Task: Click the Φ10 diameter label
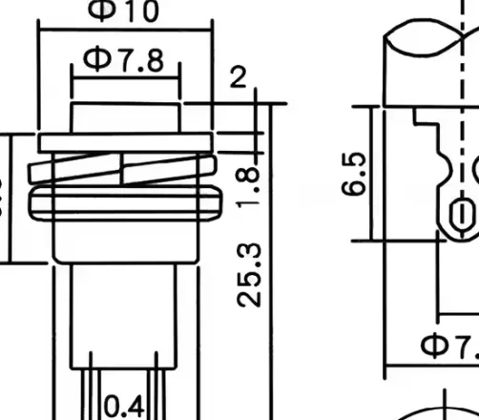point(126,10)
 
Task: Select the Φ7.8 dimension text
point(124,58)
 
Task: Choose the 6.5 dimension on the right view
point(355,172)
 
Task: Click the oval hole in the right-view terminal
point(459,213)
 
